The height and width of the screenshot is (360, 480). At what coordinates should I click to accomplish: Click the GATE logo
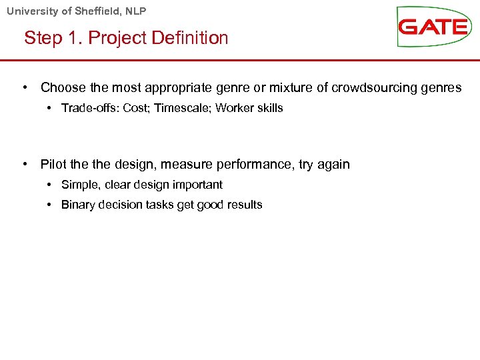pos(433,27)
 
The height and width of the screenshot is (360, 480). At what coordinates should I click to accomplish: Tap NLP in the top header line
pos(135,11)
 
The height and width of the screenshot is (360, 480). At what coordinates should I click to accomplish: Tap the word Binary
pos(78,205)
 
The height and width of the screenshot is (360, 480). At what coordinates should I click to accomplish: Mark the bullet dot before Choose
pos(25,88)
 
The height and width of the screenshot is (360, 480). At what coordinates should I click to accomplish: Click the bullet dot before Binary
pos(51,205)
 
